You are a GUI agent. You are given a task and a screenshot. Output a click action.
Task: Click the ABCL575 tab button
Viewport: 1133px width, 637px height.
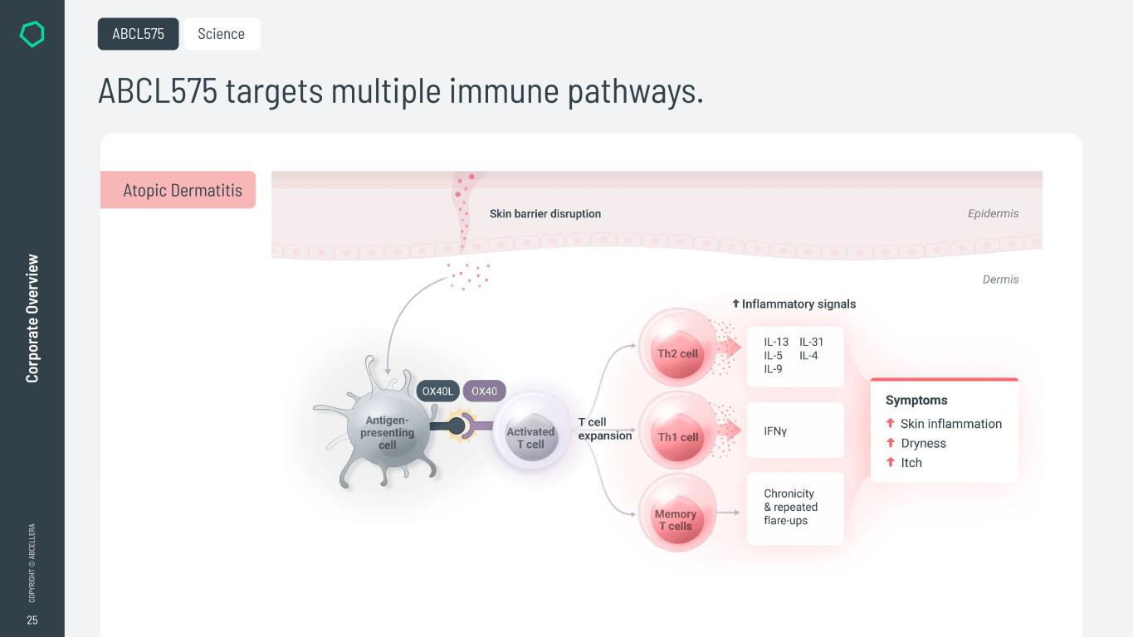coord(138,34)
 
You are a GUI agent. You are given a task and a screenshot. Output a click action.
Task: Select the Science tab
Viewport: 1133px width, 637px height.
coord(222,34)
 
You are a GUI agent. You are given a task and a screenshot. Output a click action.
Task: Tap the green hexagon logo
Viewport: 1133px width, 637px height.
coord(32,34)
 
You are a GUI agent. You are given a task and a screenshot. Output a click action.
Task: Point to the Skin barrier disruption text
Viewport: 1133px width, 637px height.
coord(545,214)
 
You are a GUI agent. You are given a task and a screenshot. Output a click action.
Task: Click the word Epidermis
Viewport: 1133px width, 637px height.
coord(993,214)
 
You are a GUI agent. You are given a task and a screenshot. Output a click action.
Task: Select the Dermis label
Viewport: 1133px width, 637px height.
coord(1000,280)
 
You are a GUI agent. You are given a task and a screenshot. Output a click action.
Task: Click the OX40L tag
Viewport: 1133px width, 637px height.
coord(437,391)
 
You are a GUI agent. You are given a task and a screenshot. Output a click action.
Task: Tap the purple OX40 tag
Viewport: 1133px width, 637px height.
coord(484,391)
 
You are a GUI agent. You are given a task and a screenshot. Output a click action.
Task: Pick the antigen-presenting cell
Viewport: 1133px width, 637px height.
coord(387,432)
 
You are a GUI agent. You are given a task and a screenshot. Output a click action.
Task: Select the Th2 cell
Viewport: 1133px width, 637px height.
coord(677,353)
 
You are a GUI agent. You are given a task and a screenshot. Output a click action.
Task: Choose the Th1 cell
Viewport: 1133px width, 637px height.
coord(677,436)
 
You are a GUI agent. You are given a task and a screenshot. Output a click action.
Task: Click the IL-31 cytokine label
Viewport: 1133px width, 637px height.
coord(811,342)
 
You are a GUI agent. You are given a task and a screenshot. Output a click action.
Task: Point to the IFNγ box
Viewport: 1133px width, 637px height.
coord(794,430)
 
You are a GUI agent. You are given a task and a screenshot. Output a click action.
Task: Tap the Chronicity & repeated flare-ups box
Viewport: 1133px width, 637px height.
coord(794,508)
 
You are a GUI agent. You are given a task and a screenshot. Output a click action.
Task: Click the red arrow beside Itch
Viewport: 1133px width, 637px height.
coord(891,462)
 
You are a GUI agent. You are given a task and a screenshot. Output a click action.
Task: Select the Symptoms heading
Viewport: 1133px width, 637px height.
coord(916,400)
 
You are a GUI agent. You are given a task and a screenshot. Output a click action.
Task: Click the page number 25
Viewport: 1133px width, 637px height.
coord(32,620)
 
